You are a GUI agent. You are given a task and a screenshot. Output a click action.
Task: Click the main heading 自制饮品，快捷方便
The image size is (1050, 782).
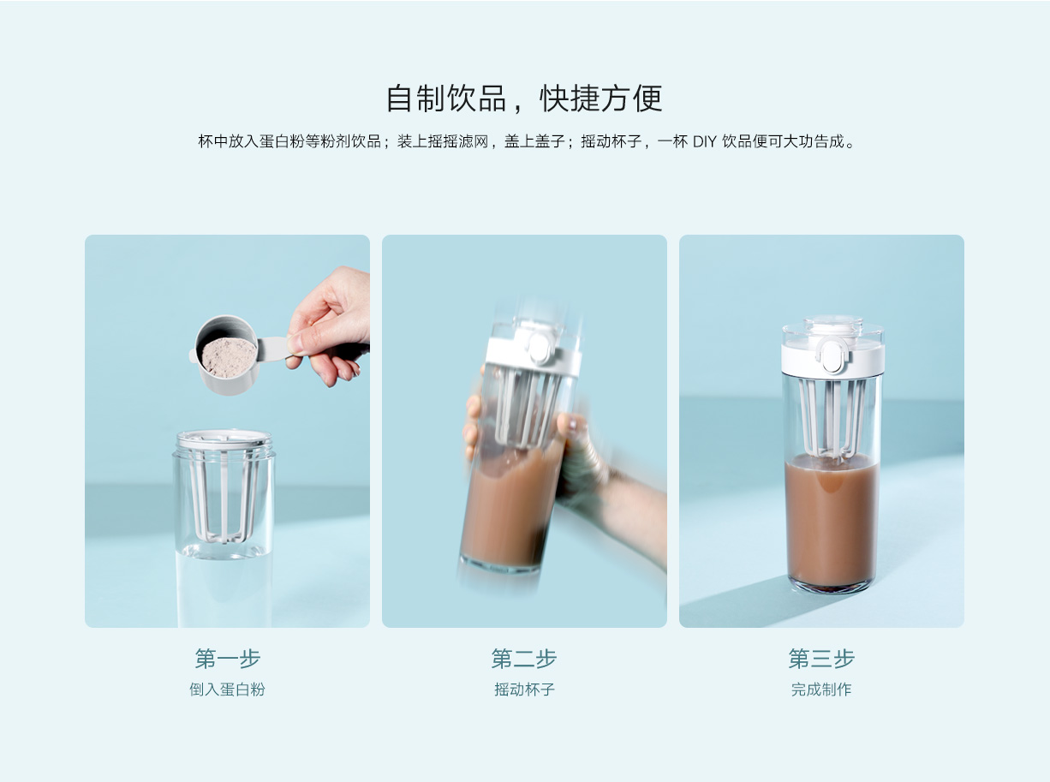(x=524, y=98)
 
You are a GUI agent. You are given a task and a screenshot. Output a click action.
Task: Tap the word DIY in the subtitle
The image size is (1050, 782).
(x=704, y=141)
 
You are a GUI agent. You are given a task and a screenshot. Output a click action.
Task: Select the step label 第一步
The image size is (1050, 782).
(x=227, y=659)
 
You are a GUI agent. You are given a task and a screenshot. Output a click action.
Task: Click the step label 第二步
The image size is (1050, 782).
(x=524, y=659)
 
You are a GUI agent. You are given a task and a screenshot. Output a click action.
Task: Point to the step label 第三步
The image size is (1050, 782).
(x=821, y=659)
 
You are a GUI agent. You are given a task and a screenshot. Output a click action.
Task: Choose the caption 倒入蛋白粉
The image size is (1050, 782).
(x=227, y=689)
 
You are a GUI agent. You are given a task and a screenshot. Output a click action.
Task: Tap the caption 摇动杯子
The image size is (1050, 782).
(x=524, y=689)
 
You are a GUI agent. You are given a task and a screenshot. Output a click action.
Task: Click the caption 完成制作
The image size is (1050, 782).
(x=821, y=689)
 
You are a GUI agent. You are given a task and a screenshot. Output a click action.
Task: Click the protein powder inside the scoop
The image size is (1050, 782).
(x=229, y=357)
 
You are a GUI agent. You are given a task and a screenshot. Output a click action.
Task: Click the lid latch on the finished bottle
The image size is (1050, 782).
(x=832, y=355)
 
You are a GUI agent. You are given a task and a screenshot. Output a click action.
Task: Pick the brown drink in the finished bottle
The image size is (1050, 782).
(x=832, y=521)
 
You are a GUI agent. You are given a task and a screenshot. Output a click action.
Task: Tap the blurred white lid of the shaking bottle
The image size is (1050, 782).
(x=534, y=349)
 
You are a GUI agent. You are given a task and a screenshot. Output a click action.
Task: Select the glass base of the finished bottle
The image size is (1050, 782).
(x=832, y=588)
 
